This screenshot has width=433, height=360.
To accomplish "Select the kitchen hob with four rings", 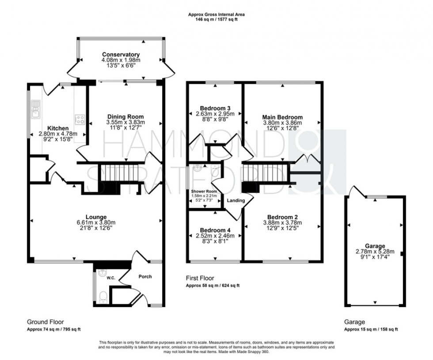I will coord(80,119).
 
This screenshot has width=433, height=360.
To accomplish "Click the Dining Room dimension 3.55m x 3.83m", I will coord(125,122).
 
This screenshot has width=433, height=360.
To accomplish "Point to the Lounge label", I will coord(96,217).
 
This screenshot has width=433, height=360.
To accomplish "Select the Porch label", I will coord(145,277).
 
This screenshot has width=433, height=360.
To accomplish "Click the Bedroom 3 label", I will coord(215,108).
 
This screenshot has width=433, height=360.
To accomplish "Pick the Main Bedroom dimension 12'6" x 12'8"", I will coord(282,129).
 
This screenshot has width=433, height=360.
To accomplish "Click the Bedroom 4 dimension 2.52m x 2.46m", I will coord(215,236).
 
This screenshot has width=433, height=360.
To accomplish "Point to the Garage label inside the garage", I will coord(375,246).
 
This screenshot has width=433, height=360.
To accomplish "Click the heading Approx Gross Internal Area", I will coord(216,15).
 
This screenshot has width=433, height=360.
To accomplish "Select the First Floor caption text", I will coord(200,278).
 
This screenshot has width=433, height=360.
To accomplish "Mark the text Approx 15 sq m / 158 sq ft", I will coord(371,330).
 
